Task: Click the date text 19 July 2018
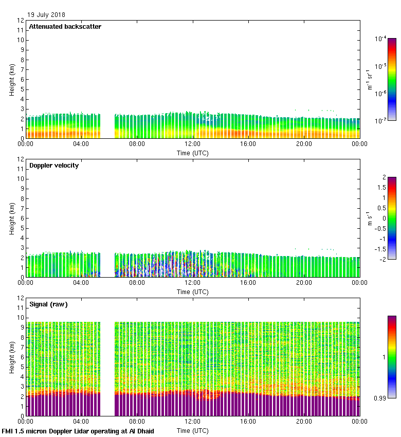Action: tap(46, 15)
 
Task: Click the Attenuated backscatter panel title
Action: tap(65, 27)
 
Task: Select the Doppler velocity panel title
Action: tap(54, 166)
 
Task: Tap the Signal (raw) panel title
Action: tap(48, 304)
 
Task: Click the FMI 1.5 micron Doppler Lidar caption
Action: tap(78, 431)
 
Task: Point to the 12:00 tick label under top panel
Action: tap(193, 144)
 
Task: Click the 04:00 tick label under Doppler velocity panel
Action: tap(81, 283)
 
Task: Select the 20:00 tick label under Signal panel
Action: tap(304, 422)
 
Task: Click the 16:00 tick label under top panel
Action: tap(248, 144)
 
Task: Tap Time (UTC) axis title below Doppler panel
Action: tap(193, 292)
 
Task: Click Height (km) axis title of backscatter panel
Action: tap(12, 80)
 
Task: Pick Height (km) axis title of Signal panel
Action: tap(12, 357)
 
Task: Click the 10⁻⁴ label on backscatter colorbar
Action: tap(381, 39)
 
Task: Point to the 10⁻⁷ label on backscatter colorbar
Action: tap(381, 120)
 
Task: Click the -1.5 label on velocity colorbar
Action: tap(380, 249)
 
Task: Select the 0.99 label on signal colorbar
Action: tap(379, 398)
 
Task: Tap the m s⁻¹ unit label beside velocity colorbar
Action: tap(370, 219)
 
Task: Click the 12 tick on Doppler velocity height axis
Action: tap(21, 159)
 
